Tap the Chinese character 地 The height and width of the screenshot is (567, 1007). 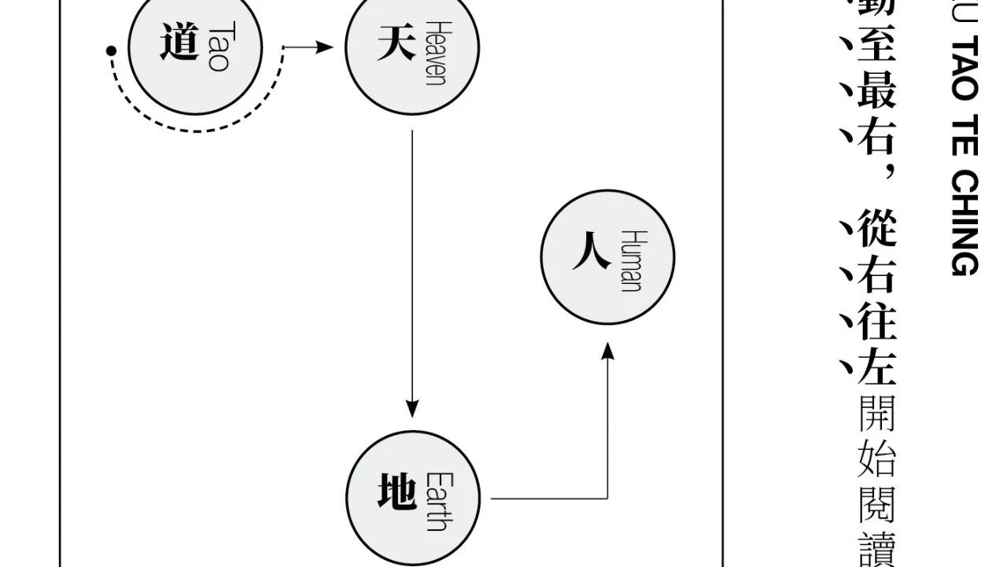[397, 495]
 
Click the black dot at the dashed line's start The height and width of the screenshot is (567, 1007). [112, 52]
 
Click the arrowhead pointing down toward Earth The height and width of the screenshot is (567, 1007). [412, 409]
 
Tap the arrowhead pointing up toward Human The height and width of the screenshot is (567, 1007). [607, 350]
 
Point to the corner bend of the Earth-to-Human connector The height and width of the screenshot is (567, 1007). [607, 499]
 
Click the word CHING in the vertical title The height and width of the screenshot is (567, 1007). [964, 224]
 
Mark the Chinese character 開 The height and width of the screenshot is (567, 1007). [875, 414]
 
